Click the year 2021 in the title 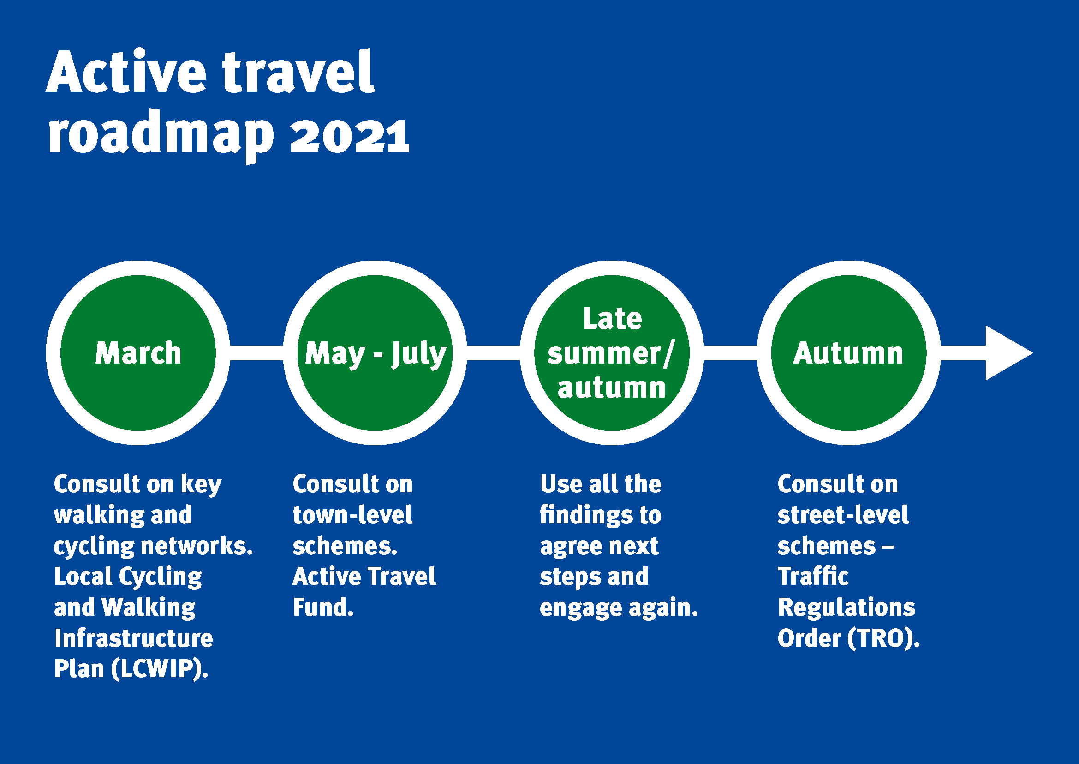pos(350,136)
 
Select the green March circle pos(137,353)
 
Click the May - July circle pos(375,353)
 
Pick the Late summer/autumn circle pos(611,353)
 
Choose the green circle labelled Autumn pos(848,353)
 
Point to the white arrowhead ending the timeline pos(1006,353)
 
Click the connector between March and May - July pos(256,353)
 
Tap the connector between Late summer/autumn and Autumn pos(730,353)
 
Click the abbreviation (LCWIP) pos(160,669)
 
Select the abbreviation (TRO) pos(883,638)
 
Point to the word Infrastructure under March pos(134,638)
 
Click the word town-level pos(352,515)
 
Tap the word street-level pos(843,515)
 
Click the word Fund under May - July pos(322,607)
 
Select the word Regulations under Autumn pos(847,607)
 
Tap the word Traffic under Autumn pos(813,577)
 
